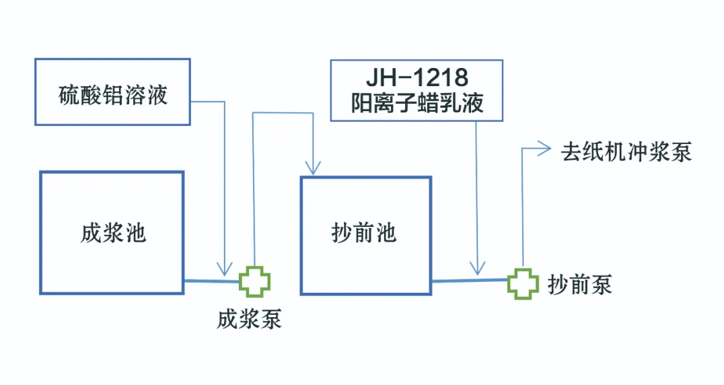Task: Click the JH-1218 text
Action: (x=417, y=77)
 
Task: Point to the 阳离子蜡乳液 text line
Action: (x=417, y=103)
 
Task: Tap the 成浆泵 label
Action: (x=250, y=319)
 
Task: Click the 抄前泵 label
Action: (x=580, y=284)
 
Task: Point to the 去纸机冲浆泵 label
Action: (x=626, y=152)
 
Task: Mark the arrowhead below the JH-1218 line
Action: (x=478, y=268)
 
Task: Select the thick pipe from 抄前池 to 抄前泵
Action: (x=470, y=280)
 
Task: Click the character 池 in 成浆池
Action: (x=137, y=233)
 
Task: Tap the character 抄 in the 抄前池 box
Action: (x=341, y=233)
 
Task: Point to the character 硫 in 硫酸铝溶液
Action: (x=69, y=95)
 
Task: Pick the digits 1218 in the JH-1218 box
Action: (x=443, y=77)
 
